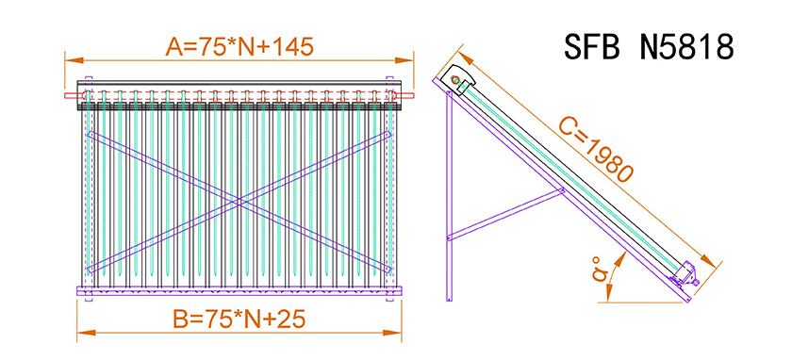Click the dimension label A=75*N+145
click(x=239, y=47)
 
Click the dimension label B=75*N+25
click(x=239, y=319)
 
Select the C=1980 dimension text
click(x=600, y=151)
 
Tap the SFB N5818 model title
click(x=649, y=47)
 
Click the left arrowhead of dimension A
click(x=74, y=60)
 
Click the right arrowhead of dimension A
click(x=404, y=60)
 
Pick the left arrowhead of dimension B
click(x=86, y=333)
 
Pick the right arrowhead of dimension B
click(x=392, y=333)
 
